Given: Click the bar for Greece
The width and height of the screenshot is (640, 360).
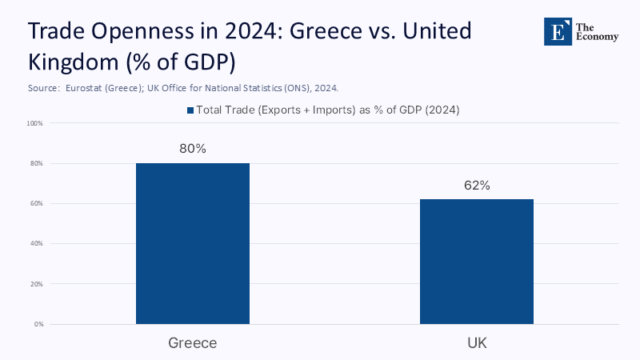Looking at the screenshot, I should coord(193,243).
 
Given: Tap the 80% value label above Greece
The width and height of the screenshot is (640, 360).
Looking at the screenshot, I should coord(193,149).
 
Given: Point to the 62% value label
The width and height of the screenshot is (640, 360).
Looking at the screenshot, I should coord(477,186).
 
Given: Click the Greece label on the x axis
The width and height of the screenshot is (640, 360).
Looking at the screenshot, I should coord(193,342).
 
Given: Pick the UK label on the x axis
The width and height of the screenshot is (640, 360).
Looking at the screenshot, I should coord(477,342).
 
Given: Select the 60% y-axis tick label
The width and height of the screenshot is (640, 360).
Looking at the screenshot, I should coord(36,203).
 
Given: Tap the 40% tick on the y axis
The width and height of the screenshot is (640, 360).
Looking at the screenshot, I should coord(36,243).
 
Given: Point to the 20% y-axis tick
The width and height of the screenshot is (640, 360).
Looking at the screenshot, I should coord(36,284).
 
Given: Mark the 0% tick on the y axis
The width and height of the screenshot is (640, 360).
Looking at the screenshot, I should coord(38,324).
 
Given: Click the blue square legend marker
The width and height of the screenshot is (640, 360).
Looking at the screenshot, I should coord(190,110).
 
